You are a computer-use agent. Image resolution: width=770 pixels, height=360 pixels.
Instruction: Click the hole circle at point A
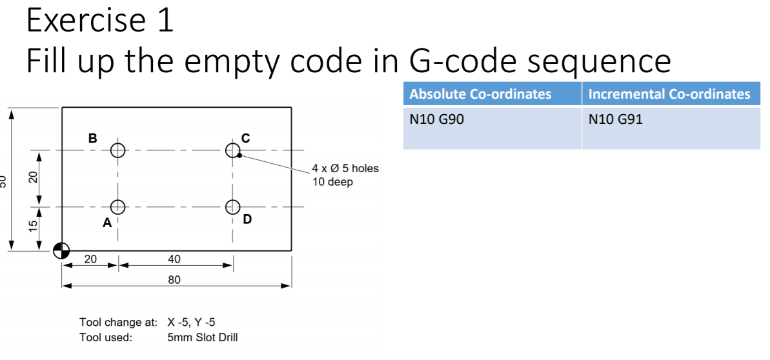[117, 207]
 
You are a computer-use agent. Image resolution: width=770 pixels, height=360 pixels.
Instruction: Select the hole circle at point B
[117, 150]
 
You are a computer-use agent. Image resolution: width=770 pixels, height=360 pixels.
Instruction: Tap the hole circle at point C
[233, 150]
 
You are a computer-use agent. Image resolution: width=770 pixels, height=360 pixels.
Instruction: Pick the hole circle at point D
[233, 207]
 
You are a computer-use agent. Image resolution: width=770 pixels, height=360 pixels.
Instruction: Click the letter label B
[93, 137]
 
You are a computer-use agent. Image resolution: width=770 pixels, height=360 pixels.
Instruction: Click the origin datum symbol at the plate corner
[62, 250]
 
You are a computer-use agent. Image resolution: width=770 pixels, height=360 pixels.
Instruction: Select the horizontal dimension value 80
[174, 280]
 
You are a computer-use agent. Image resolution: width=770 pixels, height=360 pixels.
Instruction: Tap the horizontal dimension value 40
[174, 259]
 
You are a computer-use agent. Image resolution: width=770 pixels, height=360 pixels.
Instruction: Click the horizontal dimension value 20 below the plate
[90, 259]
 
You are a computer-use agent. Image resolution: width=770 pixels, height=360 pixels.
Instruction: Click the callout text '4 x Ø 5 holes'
[345, 168]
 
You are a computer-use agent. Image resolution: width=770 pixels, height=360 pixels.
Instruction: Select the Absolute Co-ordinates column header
[480, 94]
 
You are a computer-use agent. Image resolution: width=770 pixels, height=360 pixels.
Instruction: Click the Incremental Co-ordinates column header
[669, 94]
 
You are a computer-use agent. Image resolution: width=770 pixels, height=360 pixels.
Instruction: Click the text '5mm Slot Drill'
[202, 337]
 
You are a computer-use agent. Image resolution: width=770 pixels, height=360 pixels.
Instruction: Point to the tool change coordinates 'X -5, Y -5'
[196, 322]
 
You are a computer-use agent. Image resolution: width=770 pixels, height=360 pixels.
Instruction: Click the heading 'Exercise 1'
[100, 21]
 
